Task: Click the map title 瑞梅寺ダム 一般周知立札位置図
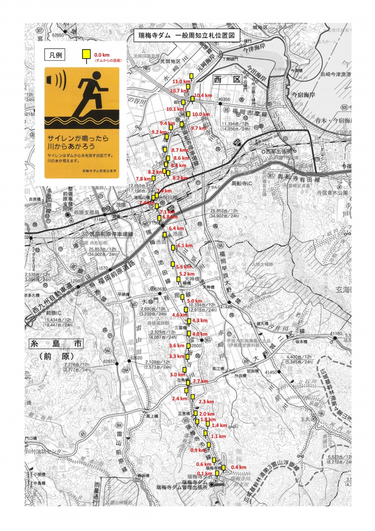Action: point(187,35)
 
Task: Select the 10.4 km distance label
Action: point(202,95)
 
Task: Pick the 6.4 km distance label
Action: point(176,228)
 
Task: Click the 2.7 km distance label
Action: point(200,381)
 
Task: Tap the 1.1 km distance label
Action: point(218,437)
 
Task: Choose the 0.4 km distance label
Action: point(239,467)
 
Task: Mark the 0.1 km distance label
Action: point(204,474)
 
